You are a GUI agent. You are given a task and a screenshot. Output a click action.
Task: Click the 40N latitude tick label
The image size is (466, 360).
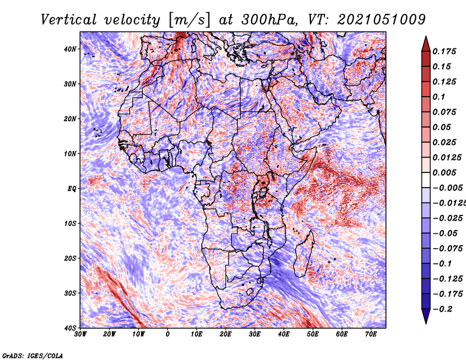[70, 49]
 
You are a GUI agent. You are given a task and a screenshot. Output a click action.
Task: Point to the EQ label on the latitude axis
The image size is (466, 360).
[72, 189]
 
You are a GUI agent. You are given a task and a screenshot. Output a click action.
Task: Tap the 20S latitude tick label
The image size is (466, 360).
[70, 258]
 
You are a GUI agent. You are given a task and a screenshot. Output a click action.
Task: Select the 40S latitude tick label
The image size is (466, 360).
[70, 328]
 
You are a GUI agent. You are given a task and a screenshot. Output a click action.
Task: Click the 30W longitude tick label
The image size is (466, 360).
[80, 334]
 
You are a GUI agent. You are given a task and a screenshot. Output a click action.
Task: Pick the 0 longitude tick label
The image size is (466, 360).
[168, 334]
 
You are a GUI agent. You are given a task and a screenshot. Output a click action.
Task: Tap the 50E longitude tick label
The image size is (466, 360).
[313, 334]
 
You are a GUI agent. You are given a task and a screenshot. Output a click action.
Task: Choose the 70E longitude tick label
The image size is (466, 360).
[371, 334]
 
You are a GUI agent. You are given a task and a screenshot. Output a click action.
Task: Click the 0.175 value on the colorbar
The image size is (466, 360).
[444, 51]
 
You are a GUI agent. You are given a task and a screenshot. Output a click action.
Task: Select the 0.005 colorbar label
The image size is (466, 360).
[444, 172]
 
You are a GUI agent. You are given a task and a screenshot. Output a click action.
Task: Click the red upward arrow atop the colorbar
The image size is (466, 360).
[426, 45]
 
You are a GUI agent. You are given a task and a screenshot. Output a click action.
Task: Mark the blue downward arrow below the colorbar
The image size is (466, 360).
[426, 315]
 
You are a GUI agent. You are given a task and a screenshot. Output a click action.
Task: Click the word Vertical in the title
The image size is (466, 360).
[69, 20]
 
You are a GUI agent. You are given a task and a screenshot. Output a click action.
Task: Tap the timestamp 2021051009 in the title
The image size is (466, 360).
[382, 20]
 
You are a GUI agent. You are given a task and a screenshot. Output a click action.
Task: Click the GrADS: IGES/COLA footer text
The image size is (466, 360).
[33, 355]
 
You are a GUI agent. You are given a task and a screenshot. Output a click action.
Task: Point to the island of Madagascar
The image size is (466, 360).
[303, 253]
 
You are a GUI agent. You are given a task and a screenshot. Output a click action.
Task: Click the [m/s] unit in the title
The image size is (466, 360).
[189, 20]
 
